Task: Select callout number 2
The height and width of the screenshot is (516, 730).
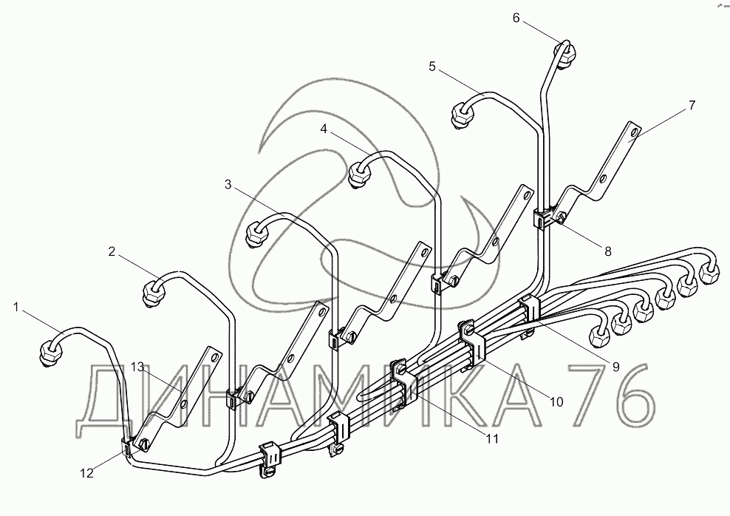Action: click(x=112, y=251)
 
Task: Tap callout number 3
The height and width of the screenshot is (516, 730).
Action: click(x=229, y=183)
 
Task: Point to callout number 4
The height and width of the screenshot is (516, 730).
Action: click(x=324, y=129)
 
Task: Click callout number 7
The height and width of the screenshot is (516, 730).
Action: click(x=691, y=105)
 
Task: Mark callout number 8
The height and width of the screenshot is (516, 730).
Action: click(x=607, y=251)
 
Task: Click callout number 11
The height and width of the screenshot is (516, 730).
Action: click(x=491, y=438)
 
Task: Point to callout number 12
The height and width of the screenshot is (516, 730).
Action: click(x=87, y=473)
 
